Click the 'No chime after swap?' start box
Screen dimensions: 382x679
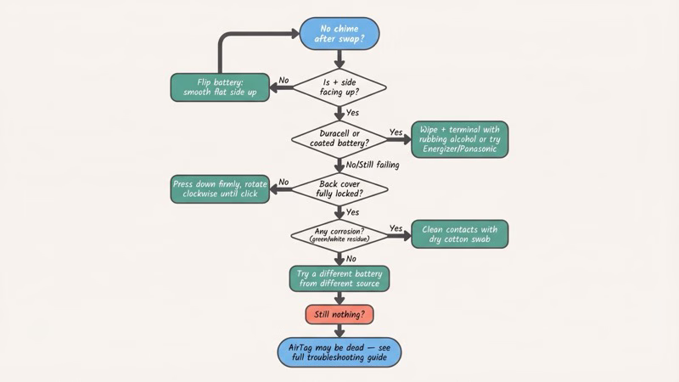(339, 33)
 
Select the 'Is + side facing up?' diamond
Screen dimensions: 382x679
(339, 86)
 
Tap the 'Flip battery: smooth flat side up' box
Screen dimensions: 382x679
(220, 87)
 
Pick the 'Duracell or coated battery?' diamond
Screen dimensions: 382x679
(339, 138)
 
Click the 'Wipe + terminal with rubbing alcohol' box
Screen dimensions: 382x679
(459, 139)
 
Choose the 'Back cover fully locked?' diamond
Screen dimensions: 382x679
(339, 190)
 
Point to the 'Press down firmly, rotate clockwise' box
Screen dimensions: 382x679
(220, 190)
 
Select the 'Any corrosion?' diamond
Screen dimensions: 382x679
(339, 234)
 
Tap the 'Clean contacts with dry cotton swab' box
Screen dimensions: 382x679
(459, 234)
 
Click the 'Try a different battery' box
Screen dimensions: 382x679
(339, 278)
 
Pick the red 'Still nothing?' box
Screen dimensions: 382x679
(339, 315)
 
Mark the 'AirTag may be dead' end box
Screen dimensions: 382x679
(339, 351)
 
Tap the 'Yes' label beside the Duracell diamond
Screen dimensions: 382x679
(396, 132)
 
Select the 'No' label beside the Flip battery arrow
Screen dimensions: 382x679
(283, 81)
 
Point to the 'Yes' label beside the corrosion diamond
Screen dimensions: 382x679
(396, 228)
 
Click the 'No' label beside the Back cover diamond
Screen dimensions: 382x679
(283, 183)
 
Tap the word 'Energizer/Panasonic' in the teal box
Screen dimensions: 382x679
(459, 150)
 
